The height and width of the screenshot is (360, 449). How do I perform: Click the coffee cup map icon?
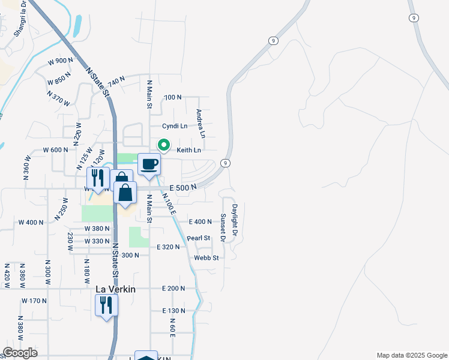point(149,164)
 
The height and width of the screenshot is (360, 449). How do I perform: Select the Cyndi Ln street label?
point(175,126)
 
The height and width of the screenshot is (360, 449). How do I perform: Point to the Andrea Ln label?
point(201,123)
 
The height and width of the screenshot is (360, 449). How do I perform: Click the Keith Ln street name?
point(188,150)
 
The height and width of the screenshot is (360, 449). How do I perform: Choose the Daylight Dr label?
point(235,220)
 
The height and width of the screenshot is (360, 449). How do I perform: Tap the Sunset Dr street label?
point(222,227)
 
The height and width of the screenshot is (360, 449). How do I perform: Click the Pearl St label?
point(199,238)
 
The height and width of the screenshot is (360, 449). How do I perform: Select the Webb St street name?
point(206,258)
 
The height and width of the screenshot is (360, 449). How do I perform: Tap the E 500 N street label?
point(183,187)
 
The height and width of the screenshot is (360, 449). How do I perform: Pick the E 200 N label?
point(173,289)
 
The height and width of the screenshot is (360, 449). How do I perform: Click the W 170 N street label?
point(34,300)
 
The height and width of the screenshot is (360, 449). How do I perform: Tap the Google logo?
point(19,353)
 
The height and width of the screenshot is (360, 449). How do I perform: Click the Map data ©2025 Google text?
point(411,355)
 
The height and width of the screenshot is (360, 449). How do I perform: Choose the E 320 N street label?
point(168,247)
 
